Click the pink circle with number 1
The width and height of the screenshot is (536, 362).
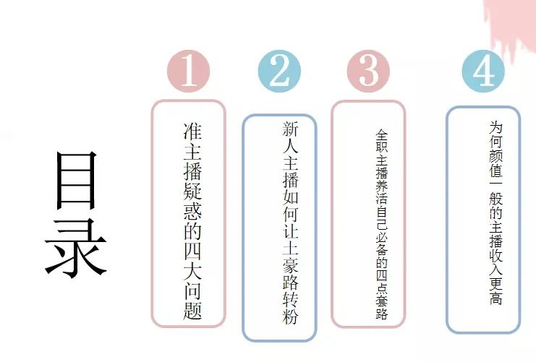(188, 71)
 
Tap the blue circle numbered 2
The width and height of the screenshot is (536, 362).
(279, 71)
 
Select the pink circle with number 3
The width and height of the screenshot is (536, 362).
(368, 71)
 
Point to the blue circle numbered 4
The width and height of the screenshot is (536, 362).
(483, 71)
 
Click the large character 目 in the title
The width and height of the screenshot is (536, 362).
(77, 181)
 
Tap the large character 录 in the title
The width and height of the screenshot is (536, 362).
(76, 249)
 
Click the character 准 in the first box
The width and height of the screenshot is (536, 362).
(193, 132)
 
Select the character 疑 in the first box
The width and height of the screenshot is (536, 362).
(193, 190)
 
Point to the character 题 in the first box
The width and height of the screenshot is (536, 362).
(193, 311)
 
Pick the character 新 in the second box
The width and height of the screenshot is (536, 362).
(290, 129)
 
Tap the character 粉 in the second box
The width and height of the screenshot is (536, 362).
(290, 316)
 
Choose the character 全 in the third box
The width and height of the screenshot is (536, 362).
(382, 135)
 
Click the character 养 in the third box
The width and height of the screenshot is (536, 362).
(382, 186)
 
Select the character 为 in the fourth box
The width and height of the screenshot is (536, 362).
(495, 127)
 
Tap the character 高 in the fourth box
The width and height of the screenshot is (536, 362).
(495, 298)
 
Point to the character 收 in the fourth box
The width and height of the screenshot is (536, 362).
(495, 255)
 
